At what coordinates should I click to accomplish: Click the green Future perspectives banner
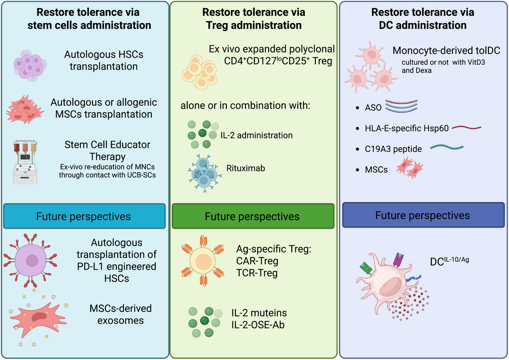click(x=253, y=216)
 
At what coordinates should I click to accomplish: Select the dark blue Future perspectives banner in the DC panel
click(x=422, y=215)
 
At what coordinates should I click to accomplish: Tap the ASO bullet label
click(x=372, y=107)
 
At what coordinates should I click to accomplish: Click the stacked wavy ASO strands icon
click(x=401, y=106)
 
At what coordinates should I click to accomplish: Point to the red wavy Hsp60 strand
click(x=467, y=128)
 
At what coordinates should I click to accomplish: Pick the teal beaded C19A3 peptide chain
click(x=447, y=148)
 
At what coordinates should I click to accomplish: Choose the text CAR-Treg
click(x=256, y=261)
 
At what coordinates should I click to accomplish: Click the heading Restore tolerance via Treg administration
click(x=254, y=18)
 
